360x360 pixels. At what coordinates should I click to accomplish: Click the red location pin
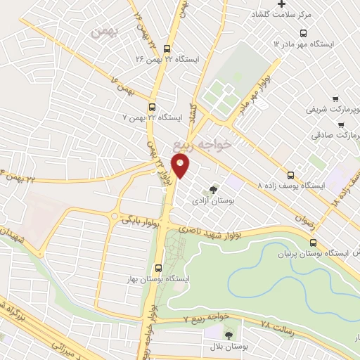click(181, 166)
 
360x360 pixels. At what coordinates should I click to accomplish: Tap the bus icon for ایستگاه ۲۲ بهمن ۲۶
click(167, 49)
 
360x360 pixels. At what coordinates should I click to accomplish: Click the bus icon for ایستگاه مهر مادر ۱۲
click(303, 32)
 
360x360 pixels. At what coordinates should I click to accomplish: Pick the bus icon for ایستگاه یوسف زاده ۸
click(290, 175)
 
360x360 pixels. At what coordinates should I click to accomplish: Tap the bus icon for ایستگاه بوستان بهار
click(158, 267)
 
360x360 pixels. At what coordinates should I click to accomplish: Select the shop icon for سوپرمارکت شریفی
click(335, 99)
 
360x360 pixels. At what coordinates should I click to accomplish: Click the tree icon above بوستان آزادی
click(213, 188)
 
